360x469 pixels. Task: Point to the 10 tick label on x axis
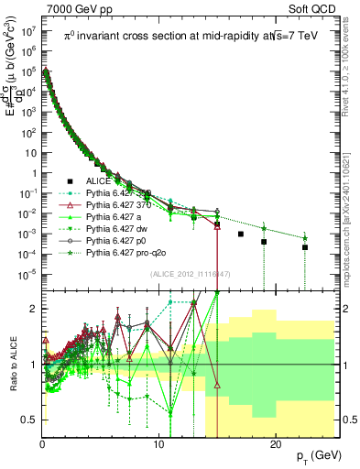pos(158,444)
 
